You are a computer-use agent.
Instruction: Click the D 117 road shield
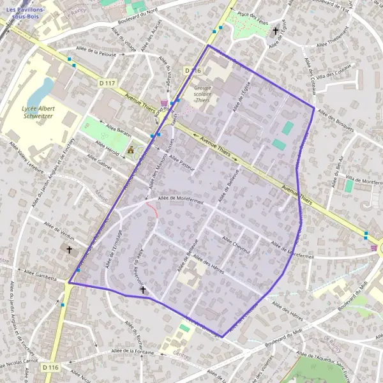[107, 83]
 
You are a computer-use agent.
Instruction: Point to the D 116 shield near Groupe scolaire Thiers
[193, 70]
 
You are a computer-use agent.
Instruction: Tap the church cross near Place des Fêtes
[276, 30]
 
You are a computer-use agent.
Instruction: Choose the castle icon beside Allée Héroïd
[130, 150]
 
